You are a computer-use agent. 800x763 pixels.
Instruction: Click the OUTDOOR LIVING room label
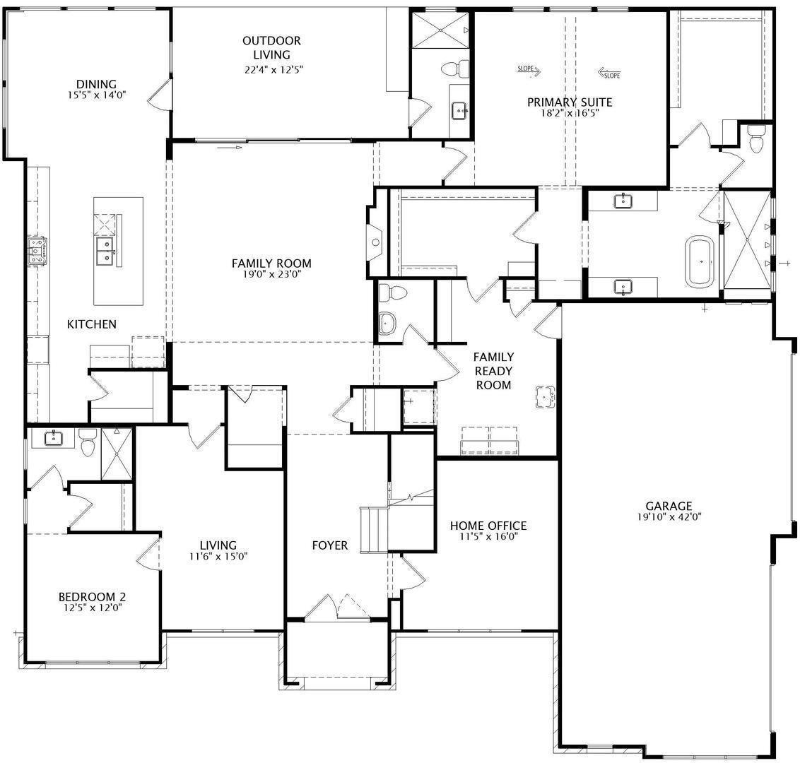click(271, 47)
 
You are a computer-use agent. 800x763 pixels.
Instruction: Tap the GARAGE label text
click(669, 506)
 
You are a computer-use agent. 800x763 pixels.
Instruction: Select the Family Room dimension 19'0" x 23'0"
click(272, 274)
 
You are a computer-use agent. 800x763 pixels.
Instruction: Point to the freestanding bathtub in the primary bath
click(700, 261)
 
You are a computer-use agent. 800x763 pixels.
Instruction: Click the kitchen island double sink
click(105, 251)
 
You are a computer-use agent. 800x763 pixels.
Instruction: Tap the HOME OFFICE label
click(488, 526)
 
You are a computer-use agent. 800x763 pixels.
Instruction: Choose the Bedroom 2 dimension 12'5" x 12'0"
click(93, 608)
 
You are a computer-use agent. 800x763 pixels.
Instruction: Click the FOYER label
click(330, 545)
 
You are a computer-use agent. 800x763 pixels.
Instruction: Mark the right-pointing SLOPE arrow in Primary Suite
click(529, 70)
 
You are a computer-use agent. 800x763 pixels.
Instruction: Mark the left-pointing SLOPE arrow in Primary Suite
click(609, 73)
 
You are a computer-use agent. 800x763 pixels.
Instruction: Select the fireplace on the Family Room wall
click(375, 242)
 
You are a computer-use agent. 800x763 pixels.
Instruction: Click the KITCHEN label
click(92, 324)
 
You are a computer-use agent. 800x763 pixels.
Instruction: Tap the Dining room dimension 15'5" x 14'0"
click(96, 95)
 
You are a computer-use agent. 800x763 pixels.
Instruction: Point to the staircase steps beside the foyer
click(374, 530)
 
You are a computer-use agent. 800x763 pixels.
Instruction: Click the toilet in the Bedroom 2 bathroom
click(88, 443)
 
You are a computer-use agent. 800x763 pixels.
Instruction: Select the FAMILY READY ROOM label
click(493, 371)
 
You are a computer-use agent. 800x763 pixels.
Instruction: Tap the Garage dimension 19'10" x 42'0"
click(669, 516)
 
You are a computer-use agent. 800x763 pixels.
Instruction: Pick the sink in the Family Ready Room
click(545, 396)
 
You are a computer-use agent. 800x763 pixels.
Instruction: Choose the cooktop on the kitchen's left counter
click(36, 251)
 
